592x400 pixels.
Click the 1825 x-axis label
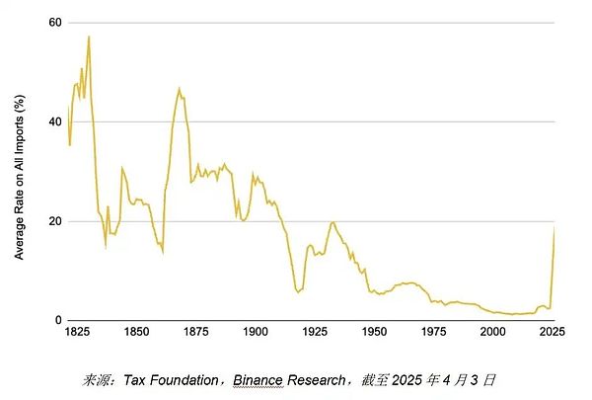coord(77,334)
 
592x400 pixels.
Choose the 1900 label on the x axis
coord(255,334)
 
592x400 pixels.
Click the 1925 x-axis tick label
coord(315,334)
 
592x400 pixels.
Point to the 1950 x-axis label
coord(374,334)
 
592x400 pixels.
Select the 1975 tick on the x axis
coord(434,334)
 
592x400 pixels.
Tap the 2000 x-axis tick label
coord(493,334)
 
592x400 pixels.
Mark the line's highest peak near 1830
coord(89,37)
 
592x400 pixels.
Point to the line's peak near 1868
coord(179,88)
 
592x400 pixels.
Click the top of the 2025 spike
coord(555,227)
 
